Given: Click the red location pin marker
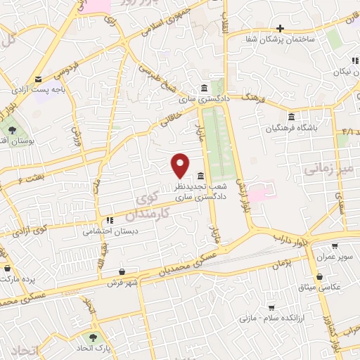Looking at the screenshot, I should [181, 166].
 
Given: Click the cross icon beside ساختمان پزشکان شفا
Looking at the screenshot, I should [280, 29].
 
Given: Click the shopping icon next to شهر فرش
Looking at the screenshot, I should [122, 271].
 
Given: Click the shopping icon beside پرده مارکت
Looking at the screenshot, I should [7, 268].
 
